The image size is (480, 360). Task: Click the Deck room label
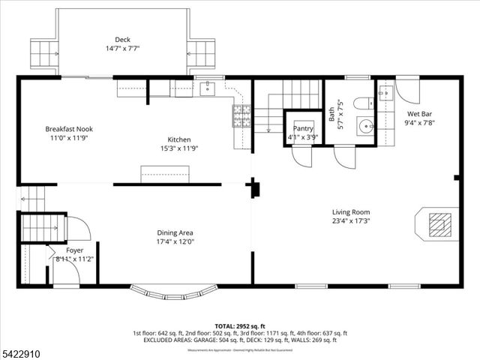[x=122, y=39]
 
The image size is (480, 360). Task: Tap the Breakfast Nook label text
[x=69, y=129]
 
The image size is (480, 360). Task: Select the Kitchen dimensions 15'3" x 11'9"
[x=179, y=148]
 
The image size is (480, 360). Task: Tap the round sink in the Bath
[x=365, y=126]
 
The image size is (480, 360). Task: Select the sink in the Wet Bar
[x=385, y=93]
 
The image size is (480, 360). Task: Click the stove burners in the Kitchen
[x=241, y=115]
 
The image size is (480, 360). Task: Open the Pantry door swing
[x=302, y=156]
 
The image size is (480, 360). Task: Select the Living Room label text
[x=352, y=212]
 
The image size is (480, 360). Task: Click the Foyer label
[x=74, y=250]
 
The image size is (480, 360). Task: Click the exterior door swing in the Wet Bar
[x=409, y=90]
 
